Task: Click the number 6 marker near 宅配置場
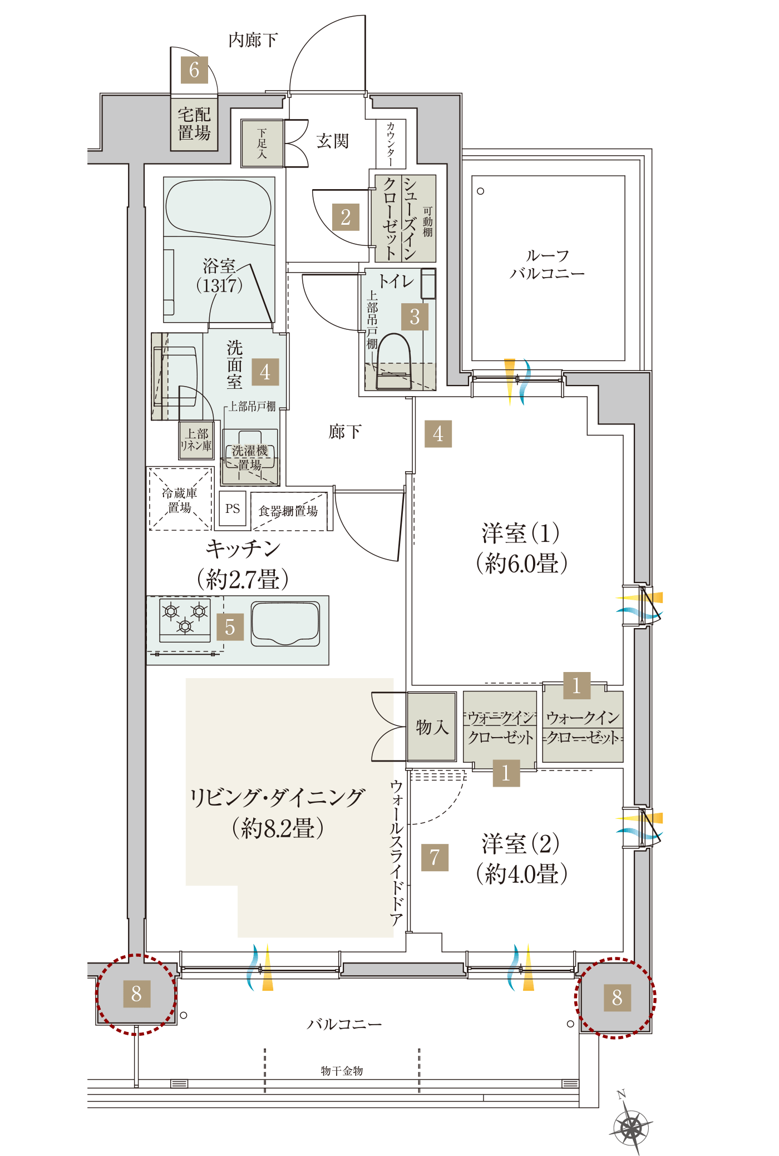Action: click(194, 70)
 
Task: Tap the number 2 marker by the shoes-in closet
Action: click(346, 217)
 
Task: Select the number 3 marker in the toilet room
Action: click(415, 317)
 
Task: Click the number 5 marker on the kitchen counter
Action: click(230, 627)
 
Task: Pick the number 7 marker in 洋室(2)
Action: click(435, 857)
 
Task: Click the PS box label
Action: click(233, 508)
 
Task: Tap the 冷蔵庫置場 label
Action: click(179, 500)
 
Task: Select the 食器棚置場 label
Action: click(288, 511)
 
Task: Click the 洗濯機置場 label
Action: click(250, 458)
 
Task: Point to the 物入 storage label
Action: click(432, 727)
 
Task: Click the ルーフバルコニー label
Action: click(548, 264)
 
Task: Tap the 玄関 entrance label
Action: click(333, 141)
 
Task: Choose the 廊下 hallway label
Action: click(345, 431)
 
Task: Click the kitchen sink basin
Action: click(285, 624)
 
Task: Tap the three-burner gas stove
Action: click(185, 619)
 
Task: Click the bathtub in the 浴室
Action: click(219, 208)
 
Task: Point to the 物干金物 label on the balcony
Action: click(342, 1071)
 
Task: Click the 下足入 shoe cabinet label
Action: click(262, 144)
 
